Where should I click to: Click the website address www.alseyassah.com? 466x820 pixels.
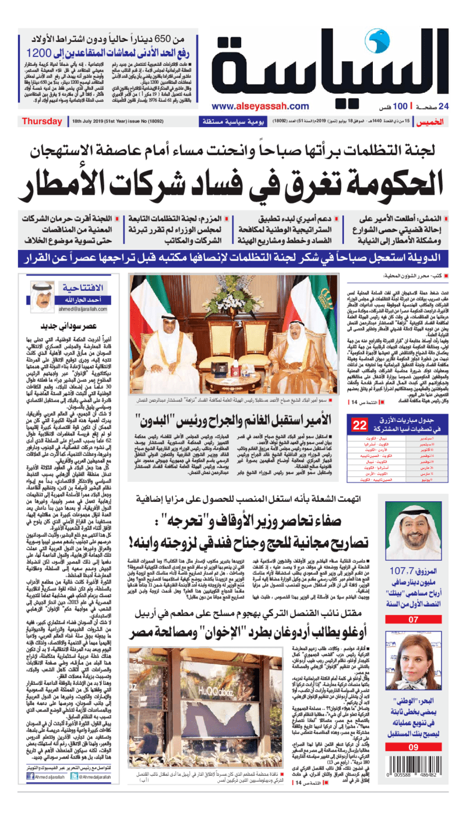[x=260, y=106]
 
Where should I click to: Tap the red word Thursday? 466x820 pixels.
[x=42, y=121]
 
